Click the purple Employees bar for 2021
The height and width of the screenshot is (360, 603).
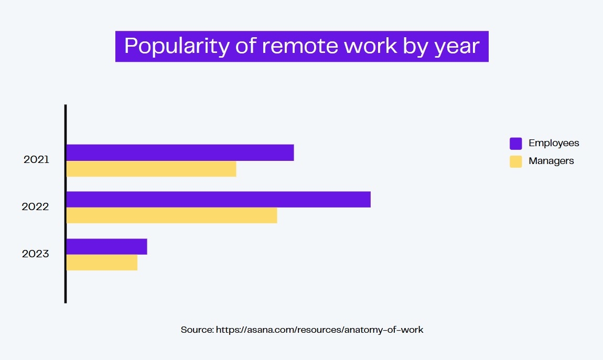click(x=180, y=152)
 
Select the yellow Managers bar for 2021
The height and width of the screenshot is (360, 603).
click(x=151, y=169)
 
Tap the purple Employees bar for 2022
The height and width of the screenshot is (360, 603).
click(x=219, y=200)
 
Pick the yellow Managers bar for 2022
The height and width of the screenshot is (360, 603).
click(x=171, y=215)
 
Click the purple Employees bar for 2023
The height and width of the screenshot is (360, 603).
click(x=106, y=247)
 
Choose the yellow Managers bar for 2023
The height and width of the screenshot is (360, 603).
click(x=102, y=263)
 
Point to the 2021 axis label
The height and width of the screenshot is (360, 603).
click(x=36, y=159)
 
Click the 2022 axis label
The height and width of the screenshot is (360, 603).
click(x=35, y=206)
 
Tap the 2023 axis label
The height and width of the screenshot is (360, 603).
click(x=35, y=254)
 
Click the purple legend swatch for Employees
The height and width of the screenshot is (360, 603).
click(x=516, y=143)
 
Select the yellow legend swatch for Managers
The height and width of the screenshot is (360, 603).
click(x=516, y=161)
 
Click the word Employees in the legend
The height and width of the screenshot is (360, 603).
click(x=554, y=143)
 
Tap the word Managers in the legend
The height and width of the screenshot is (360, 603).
click(x=551, y=161)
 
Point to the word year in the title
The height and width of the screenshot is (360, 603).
click(x=457, y=47)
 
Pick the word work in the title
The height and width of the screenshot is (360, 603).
click(x=370, y=46)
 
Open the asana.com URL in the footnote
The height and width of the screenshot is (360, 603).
click(x=319, y=330)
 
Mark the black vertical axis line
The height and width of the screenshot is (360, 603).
click(x=66, y=204)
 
